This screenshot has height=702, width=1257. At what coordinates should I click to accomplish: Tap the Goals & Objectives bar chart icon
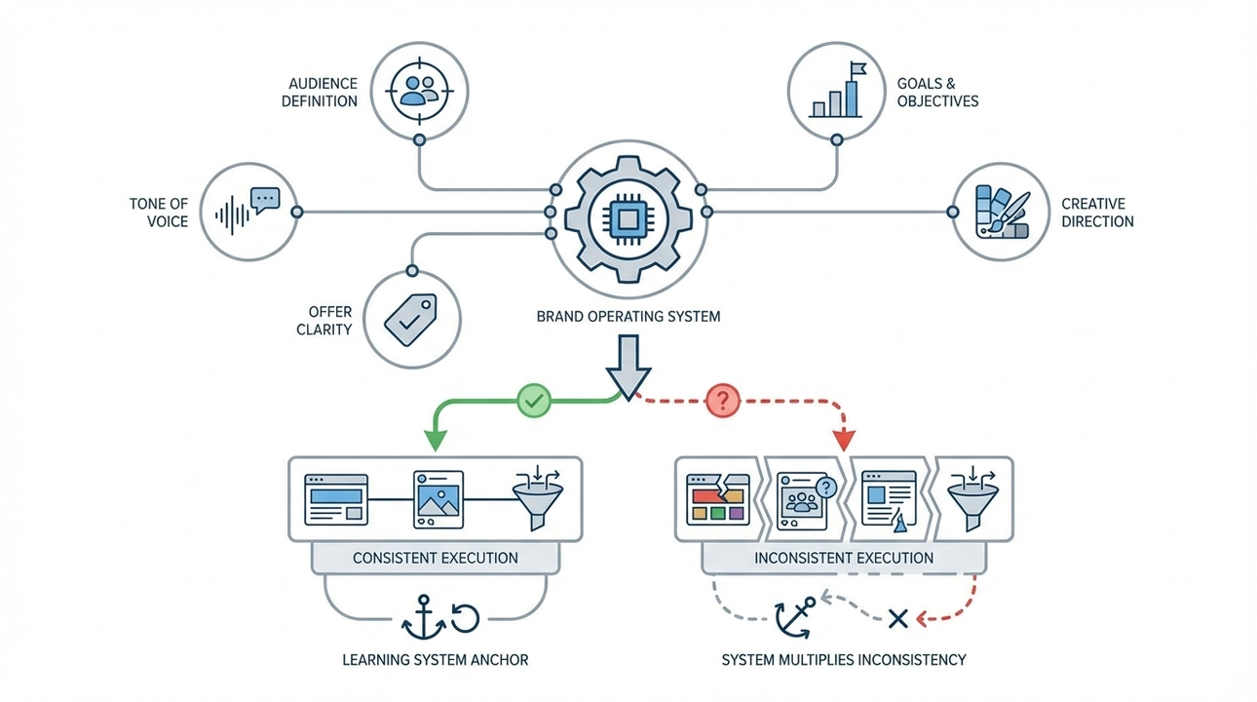[x=836, y=91]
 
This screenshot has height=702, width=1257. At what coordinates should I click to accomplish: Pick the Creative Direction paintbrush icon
[x=1001, y=212]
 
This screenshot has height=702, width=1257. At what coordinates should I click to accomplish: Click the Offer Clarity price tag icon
[x=411, y=318]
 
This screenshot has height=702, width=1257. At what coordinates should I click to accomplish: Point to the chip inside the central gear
[x=627, y=212]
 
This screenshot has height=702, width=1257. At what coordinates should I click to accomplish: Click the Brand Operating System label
[x=628, y=317]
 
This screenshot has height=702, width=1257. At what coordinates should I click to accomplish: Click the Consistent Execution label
[x=435, y=559]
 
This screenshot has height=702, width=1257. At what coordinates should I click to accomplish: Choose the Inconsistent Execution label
[x=844, y=559]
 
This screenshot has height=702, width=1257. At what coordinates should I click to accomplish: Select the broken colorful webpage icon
[x=717, y=500]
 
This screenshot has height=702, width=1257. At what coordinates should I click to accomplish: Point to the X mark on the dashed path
[x=898, y=617]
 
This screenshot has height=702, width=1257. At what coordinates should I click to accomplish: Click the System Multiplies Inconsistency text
[x=844, y=660]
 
